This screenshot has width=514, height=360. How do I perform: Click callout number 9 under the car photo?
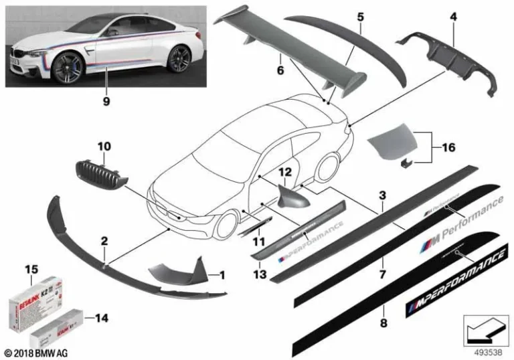click(x=106, y=102)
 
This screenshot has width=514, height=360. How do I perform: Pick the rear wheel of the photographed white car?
click(x=178, y=61)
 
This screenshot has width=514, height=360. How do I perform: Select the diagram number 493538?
click(x=482, y=349)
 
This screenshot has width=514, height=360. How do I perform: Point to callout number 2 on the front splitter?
click(x=104, y=239)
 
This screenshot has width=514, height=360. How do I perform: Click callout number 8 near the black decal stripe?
click(x=382, y=310)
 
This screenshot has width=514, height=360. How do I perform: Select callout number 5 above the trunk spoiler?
click(x=359, y=13)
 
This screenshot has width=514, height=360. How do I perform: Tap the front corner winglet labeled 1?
click(x=176, y=272)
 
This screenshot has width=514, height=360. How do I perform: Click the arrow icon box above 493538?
click(x=482, y=329)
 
